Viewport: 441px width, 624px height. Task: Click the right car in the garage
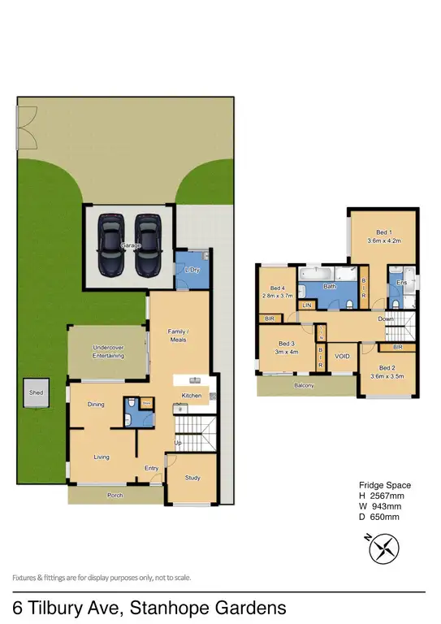(146, 245)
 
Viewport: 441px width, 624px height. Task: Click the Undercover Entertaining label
(108, 352)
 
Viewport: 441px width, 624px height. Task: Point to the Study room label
(192, 478)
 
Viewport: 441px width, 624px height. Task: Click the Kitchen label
(191, 395)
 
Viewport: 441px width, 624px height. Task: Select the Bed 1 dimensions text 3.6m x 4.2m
(385, 240)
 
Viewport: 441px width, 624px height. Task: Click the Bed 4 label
(278, 288)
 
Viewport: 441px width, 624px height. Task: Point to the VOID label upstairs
(342, 356)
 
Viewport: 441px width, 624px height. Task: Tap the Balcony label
(304, 386)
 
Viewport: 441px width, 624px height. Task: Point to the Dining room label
(95, 404)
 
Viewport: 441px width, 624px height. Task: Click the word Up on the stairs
(178, 443)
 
